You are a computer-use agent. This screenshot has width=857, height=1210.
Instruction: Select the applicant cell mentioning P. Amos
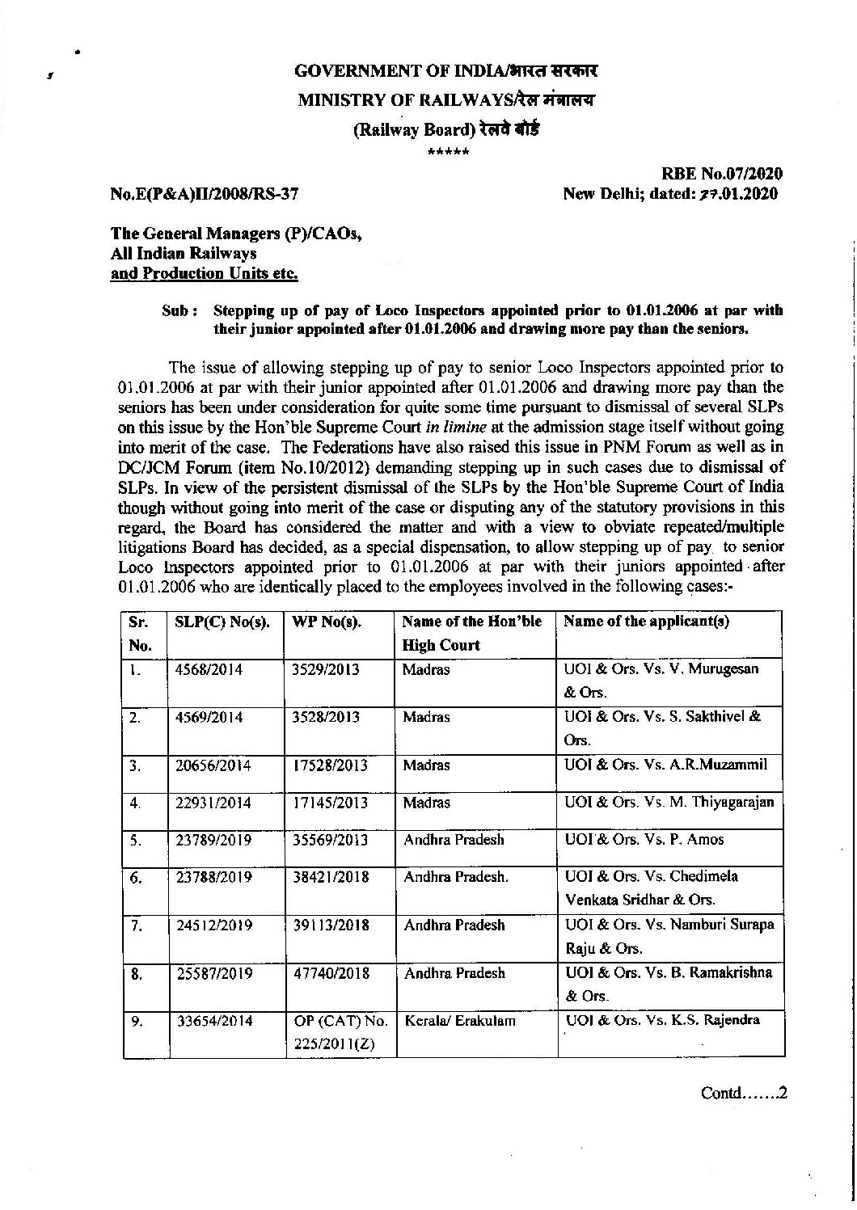coord(644,840)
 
